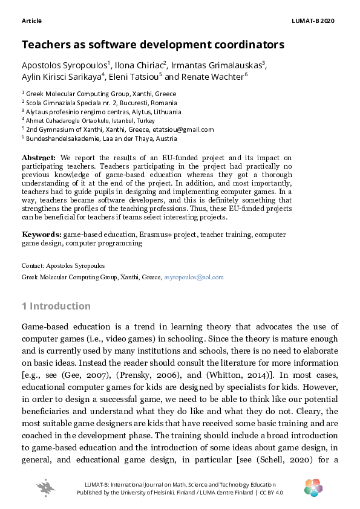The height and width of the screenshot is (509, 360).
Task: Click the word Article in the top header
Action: tap(31, 21)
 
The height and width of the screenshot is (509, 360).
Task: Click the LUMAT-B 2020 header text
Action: tap(313, 21)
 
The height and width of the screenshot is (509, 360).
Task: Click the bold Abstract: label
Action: tap(39, 158)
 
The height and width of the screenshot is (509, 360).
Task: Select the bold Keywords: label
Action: tap(42, 234)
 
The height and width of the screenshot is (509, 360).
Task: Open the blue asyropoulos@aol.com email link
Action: tap(194, 277)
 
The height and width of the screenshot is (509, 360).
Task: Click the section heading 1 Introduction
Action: tap(56, 306)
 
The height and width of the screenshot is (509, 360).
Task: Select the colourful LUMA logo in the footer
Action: tap(313, 487)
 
